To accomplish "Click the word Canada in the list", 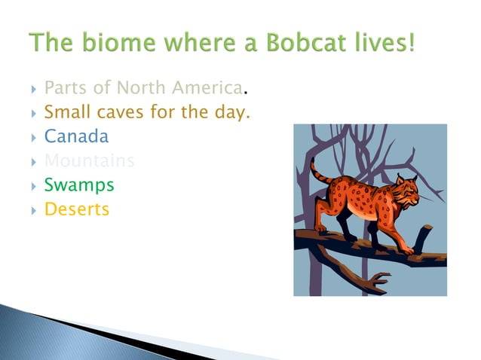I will [x=76, y=136].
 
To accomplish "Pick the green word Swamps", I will [x=79, y=185].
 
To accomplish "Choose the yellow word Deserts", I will [x=77, y=209].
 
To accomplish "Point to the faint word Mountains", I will [x=89, y=160].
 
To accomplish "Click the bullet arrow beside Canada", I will [x=34, y=138].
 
